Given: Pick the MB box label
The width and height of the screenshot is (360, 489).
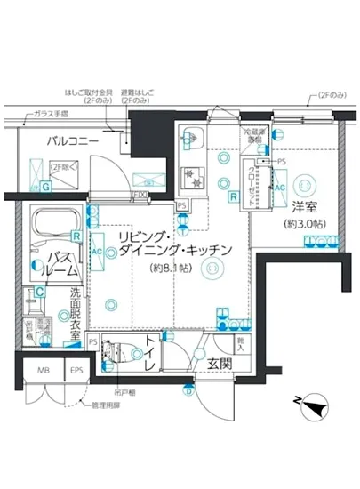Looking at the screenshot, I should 44,371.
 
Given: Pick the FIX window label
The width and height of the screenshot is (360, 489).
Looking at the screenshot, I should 140,196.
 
